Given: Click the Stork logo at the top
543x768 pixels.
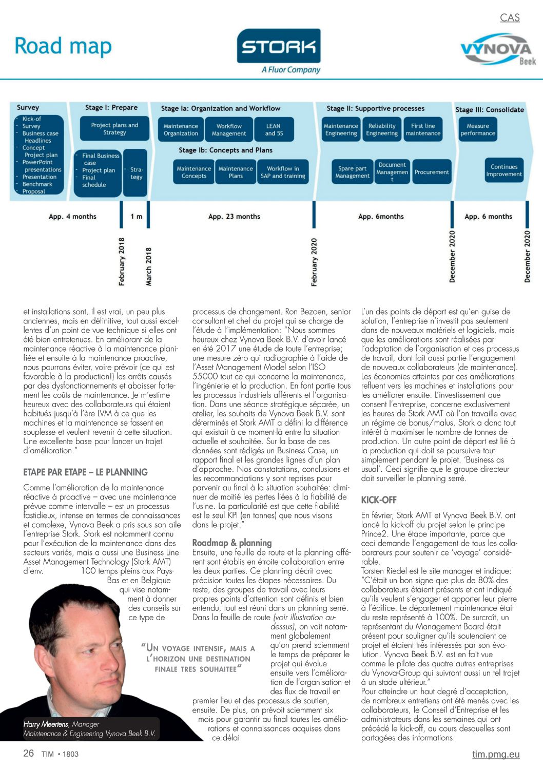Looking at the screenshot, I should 279,51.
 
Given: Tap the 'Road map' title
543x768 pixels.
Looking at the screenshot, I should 63,46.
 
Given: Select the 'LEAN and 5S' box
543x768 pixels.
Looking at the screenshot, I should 274,129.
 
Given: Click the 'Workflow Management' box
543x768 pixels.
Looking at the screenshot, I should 229,129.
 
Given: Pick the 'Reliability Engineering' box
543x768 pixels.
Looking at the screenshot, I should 382,129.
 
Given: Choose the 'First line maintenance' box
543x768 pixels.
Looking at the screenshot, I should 423,129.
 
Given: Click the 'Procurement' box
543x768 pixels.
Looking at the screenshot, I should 432,172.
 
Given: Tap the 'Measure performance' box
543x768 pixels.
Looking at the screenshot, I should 478,129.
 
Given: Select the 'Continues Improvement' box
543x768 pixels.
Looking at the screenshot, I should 504,170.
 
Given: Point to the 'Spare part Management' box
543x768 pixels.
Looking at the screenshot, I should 352,172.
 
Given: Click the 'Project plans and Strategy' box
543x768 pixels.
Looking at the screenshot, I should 114,128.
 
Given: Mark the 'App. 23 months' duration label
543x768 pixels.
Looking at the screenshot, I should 234,217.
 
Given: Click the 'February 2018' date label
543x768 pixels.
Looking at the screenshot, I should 122,261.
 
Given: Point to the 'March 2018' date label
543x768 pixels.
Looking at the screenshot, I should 149,266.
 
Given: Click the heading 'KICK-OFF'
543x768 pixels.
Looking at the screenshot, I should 379,500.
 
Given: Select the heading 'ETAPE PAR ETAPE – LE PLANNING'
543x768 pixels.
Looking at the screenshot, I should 85,472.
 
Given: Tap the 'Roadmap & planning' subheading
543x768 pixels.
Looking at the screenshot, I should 232,543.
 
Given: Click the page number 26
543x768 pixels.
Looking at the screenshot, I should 29,753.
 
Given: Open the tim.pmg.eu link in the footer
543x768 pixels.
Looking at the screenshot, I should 496,754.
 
